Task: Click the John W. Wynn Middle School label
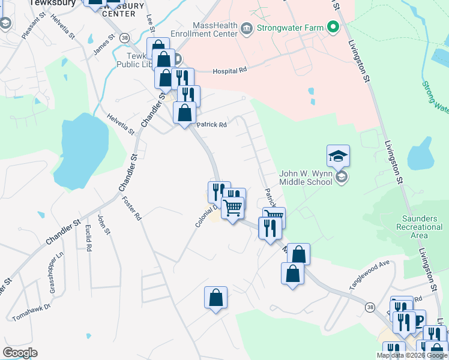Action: coord(306,178)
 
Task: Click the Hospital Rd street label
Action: coord(230,70)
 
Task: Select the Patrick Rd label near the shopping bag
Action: coord(212,125)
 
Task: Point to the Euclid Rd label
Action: coord(88,237)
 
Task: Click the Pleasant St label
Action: coord(33,26)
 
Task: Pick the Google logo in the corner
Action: coord(20,353)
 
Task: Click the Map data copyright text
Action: coord(412,355)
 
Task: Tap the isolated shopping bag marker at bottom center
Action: coord(215,298)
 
